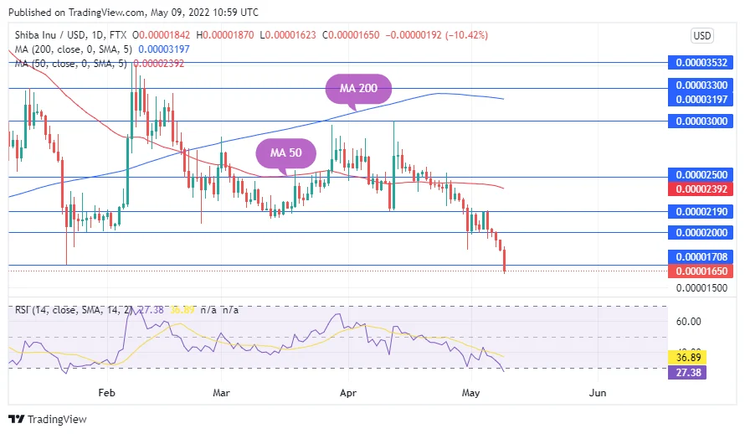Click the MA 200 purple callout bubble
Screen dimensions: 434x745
[x=358, y=88]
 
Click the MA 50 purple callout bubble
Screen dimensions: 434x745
[x=285, y=152]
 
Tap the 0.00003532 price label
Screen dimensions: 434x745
[x=702, y=62]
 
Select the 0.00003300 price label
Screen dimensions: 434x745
[x=702, y=85]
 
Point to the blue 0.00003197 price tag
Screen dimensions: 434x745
[x=702, y=99]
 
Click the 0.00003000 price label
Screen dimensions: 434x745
[x=702, y=121]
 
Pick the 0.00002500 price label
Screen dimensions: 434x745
[x=702, y=174]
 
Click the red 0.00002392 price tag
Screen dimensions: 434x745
[x=702, y=189]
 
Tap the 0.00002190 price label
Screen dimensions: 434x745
[x=702, y=211]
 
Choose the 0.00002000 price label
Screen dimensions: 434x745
[x=702, y=233]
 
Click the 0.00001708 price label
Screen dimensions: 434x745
[x=702, y=256]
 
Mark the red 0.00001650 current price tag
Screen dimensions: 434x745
[x=702, y=271]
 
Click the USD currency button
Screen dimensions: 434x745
[x=701, y=36]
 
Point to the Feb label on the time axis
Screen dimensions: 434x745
[x=105, y=392]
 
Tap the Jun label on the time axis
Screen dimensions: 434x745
[x=598, y=392]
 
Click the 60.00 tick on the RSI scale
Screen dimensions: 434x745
[x=688, y=321]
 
